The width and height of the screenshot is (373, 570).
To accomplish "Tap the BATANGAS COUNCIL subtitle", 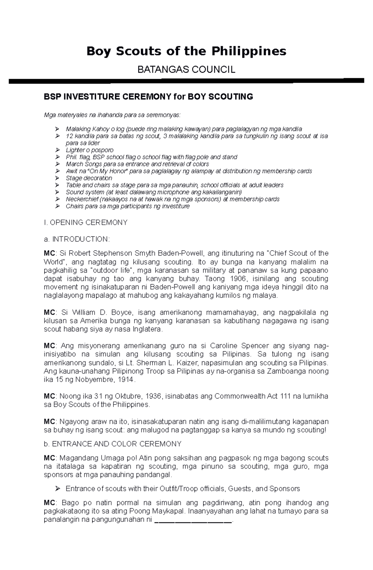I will (186, 70).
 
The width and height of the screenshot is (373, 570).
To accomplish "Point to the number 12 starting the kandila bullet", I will (69, 136).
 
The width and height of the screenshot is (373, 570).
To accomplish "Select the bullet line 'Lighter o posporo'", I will (90, 150).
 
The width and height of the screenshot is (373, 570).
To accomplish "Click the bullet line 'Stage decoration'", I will (89, 178).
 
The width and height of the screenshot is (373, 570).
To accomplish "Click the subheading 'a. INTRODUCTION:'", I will (77, 239).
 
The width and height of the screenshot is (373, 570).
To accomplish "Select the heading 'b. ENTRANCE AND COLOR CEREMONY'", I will (113, 444).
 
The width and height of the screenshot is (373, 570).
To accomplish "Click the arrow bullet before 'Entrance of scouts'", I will (57, 489).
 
